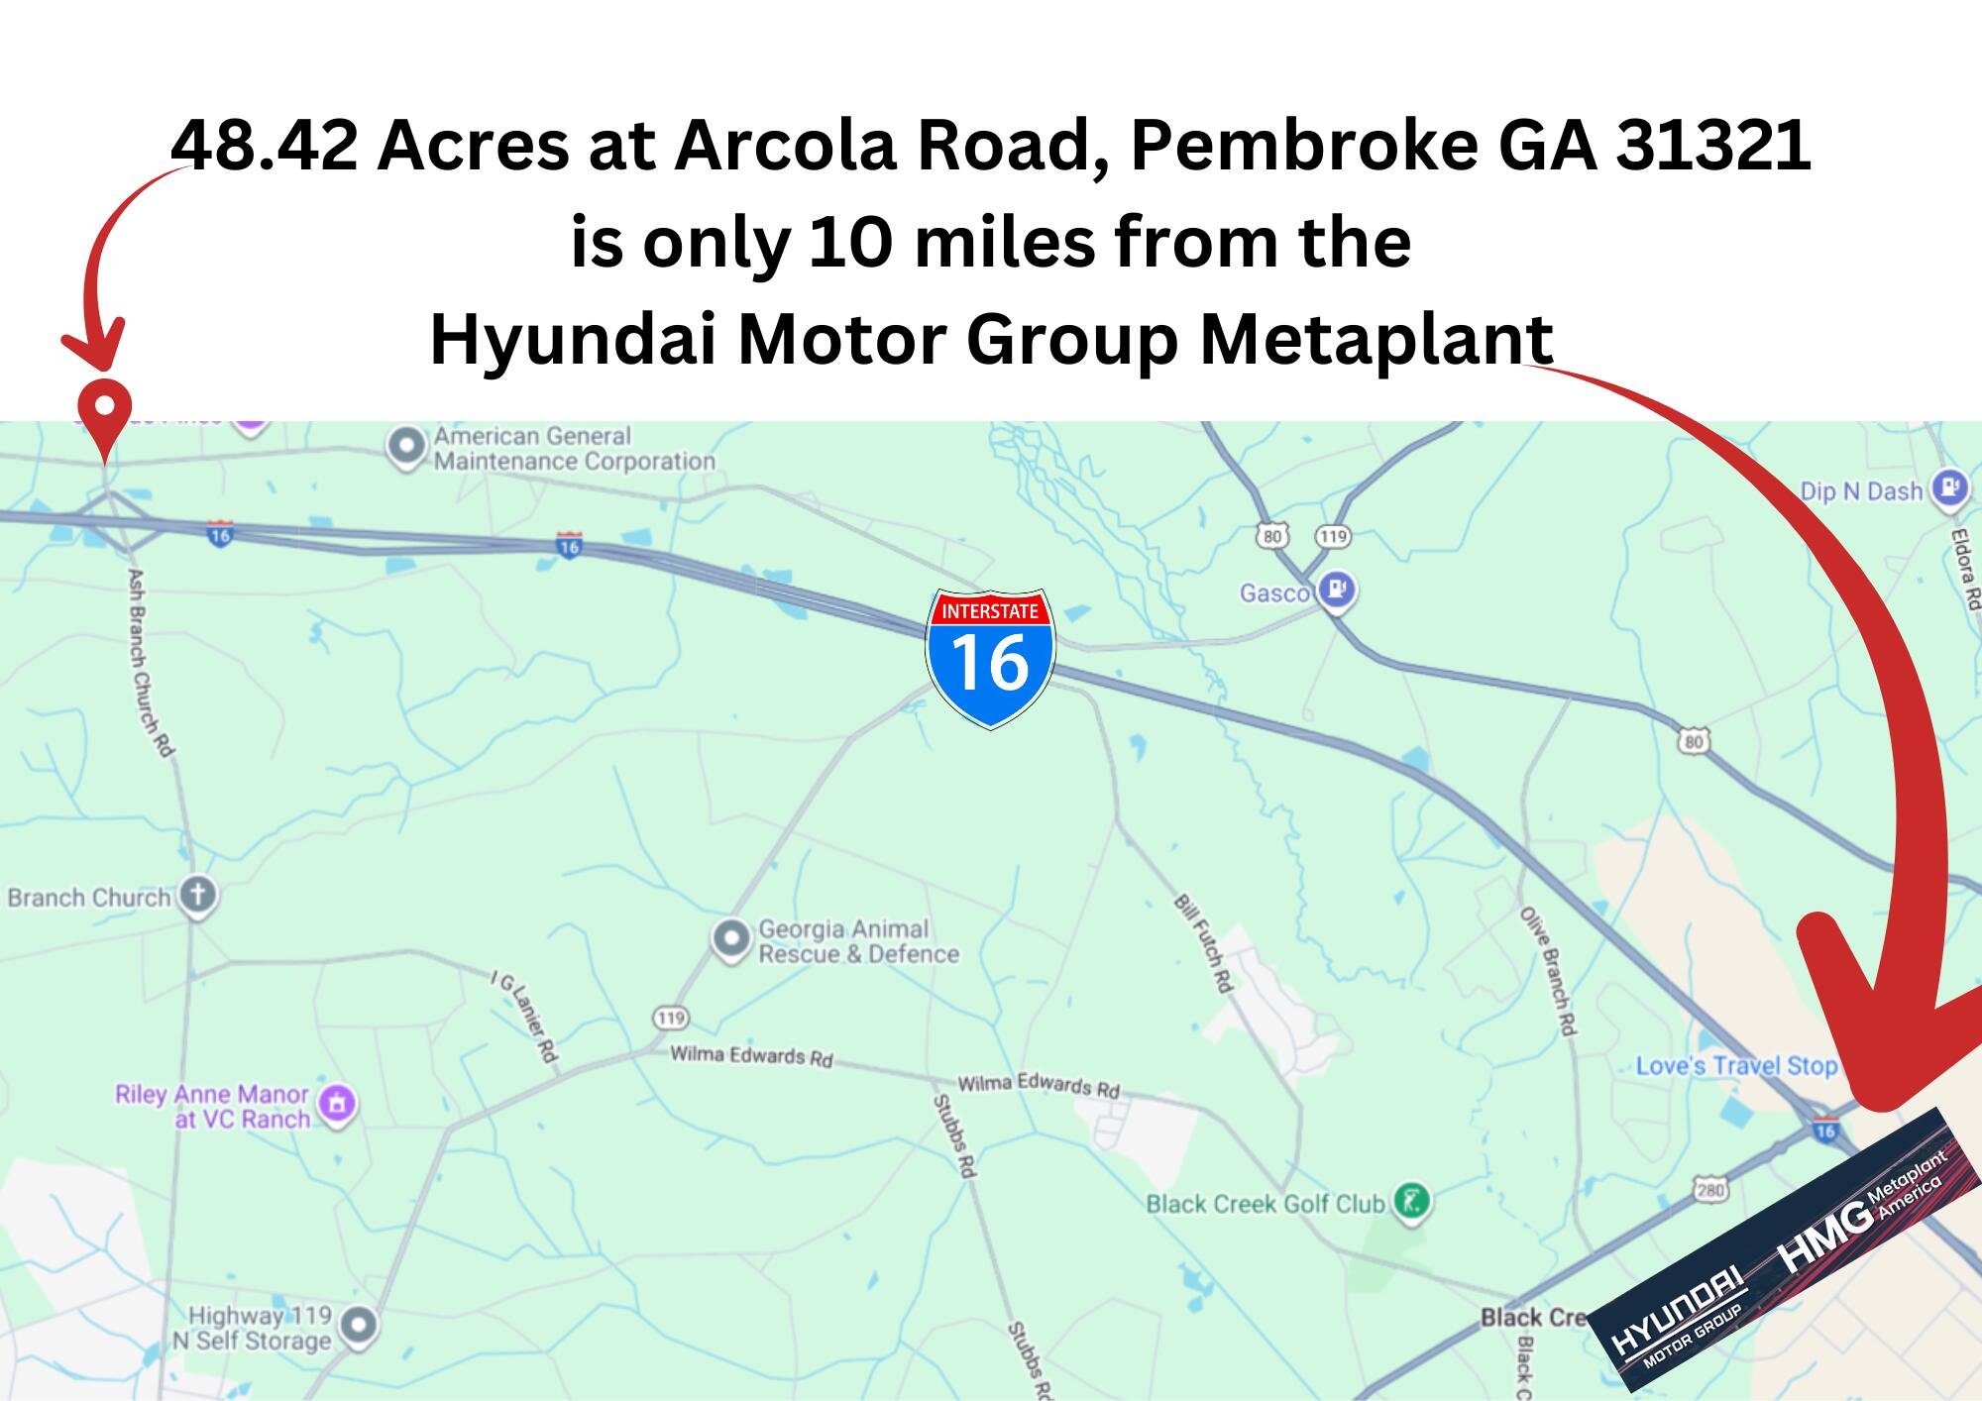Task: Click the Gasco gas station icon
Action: click(1336, 591)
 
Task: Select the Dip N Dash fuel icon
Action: click(1950, 489)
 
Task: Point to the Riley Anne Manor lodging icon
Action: click(338, 1102)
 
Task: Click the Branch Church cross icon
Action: click(198, 896)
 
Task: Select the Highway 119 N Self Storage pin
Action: click(358, 1324)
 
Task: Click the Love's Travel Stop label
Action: click(1736, 1066)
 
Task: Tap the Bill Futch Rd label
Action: click(1203, 942)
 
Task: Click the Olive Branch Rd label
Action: click(1547, 970)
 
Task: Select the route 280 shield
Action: click(1710, 1189)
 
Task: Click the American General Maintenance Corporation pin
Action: click(406, 447)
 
